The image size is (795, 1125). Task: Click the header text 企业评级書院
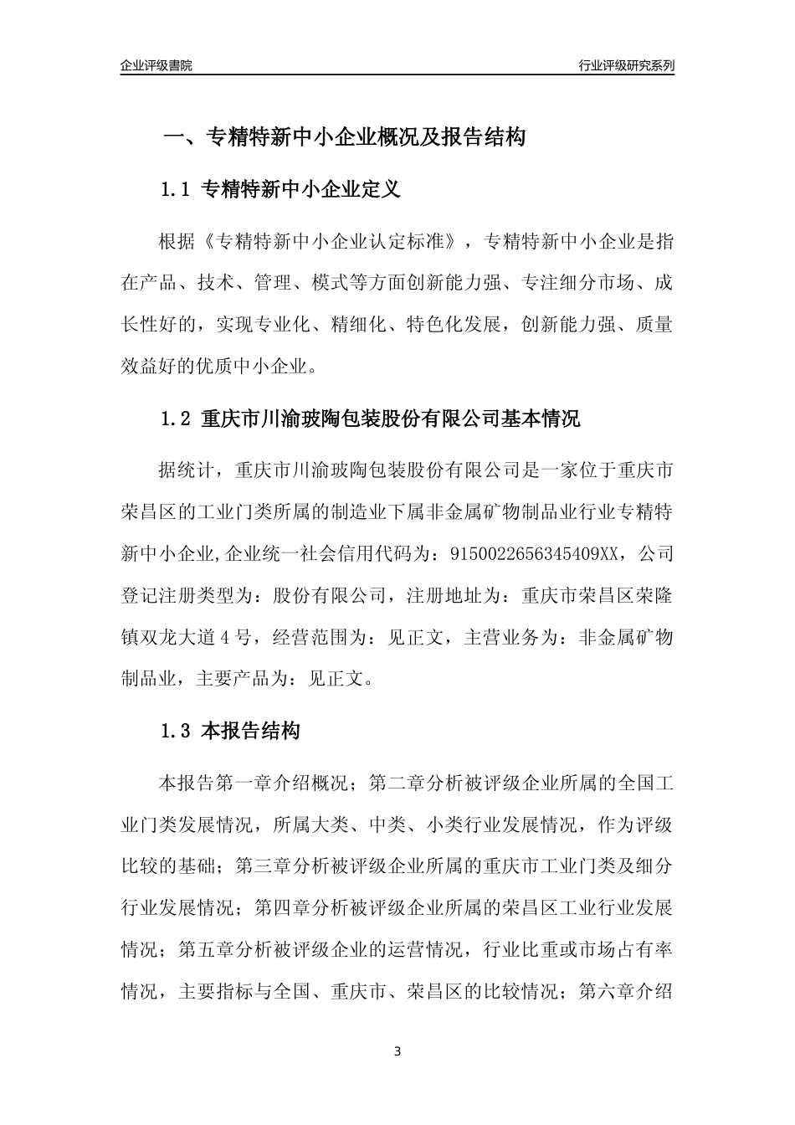click(156, 65)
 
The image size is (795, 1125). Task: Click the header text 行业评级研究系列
click(626, 65)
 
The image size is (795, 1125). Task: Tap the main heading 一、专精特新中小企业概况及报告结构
click(343, 137)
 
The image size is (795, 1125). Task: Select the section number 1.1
click(177, 190)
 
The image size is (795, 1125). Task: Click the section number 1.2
click(177, 419)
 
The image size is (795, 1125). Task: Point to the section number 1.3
click(177, 731)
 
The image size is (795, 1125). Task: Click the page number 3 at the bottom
click(397, 1051)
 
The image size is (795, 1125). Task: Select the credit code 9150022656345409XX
click(538, 553)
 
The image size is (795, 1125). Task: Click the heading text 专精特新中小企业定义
click(301, 190)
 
